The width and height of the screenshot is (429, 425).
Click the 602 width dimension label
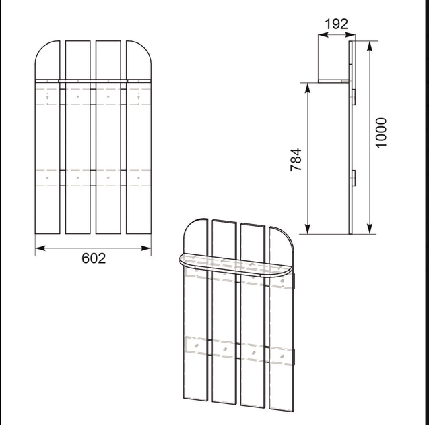tap(94, 258)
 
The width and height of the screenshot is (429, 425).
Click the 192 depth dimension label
tap(336, 24)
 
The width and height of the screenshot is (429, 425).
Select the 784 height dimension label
tap(296, 160)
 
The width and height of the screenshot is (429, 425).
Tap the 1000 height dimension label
tap(381, 133)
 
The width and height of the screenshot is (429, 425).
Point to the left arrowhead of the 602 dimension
tap(40, 248)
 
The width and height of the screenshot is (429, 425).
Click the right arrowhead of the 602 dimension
tap(146, 248)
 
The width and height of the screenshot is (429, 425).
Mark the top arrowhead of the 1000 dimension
tap(370, 46)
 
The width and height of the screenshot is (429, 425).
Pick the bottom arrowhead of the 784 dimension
tap(308, 229)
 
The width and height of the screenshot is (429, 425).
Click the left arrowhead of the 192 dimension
tap(323, 35)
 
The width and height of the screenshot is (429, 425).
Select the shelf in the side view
tap(333, 81)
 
